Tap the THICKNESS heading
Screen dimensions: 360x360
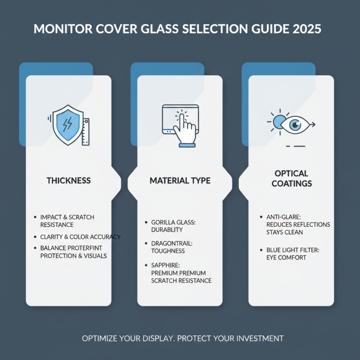(x=68, y=180)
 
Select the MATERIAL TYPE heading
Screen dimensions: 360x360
(x=180, y=180)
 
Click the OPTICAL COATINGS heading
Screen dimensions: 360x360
(x=291, y=179)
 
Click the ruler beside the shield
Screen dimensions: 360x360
(x=85, y=131)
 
